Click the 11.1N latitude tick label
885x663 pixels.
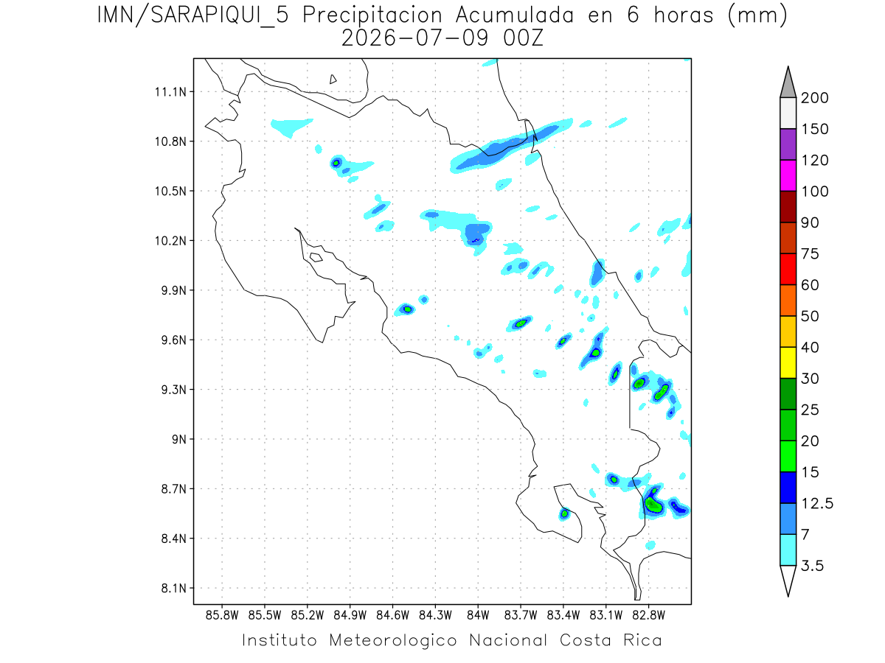pyautogui.click(x=170, y=92)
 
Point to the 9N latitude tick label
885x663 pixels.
pyautogui.click(x=179, y=439)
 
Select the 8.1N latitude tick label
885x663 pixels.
pyautogui.click(x=174, y=588)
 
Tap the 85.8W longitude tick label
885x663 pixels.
pyautogui.click(x=222, y=616)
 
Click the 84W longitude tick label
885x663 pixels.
pyautogui.click(x=478, y=616)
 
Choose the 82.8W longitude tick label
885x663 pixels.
pyautogui.click(x=649, y=616)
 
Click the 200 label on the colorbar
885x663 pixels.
pyautogui.click(x=814, y=98)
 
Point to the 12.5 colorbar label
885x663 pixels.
pyautogui.click(x=817, y=504)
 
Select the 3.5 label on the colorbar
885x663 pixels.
pyautogui.click(x=812, y=566)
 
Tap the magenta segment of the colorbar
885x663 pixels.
pyautogui.click(x=788, y=175)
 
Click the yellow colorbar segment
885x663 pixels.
pyautogui.click(x=788, y=362)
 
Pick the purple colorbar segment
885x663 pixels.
pyautogui.click(x=788, y=144)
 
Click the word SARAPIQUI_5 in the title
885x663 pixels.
pyautogui.click(x=220, y=16)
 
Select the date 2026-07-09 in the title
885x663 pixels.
pyautogui.click(x=415, y=38)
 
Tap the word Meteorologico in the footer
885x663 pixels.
pyautogui.click(x=393, y=640)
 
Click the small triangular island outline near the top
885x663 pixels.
pyautogui.click(x=333, y=80)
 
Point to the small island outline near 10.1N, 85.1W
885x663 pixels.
pyautogui.click(x=316, y=257)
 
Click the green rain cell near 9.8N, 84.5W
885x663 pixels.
pyautogui.click(x=408, y=309)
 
